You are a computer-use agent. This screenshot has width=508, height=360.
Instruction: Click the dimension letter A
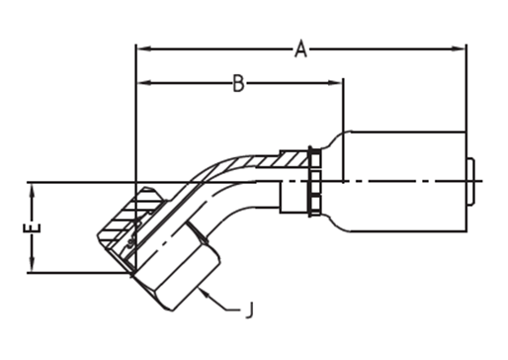pyautogui.click(x=300, y=48)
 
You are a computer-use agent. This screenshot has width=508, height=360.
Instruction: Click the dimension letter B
pyautogui.click(x=238, y=83)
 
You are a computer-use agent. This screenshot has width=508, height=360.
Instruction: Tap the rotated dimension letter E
pyautogui.click(x=32, y=228)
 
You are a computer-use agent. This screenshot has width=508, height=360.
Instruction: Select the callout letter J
pyautogui.click(x=250, y=310)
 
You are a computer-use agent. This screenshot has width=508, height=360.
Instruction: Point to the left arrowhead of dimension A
pyautogui.click(x=144, y=48)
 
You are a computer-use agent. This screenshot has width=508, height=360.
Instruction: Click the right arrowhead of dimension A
pyautogui.click(x=458, y=48)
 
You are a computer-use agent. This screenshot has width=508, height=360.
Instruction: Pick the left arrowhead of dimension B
pyautogui.click(x=144, y=83)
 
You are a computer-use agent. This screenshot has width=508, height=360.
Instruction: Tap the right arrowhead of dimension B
pyautogui.click(x=335, y=83)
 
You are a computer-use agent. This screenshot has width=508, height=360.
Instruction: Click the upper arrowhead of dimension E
pyautogui.click(x=32, y=192)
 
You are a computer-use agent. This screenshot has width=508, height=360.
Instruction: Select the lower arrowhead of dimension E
pyautogui.click(x=32, y=264)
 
